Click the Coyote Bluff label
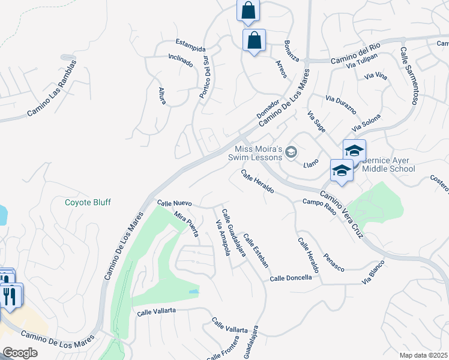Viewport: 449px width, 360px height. click(x=88, y=202)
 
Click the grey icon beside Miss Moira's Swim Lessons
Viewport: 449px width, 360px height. click(x=292, y=152)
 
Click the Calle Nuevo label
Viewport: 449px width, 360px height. click(x=174, y=203)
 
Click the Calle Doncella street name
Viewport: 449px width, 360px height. click(x=291, y=278)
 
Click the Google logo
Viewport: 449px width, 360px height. click(x=20, y=353)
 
